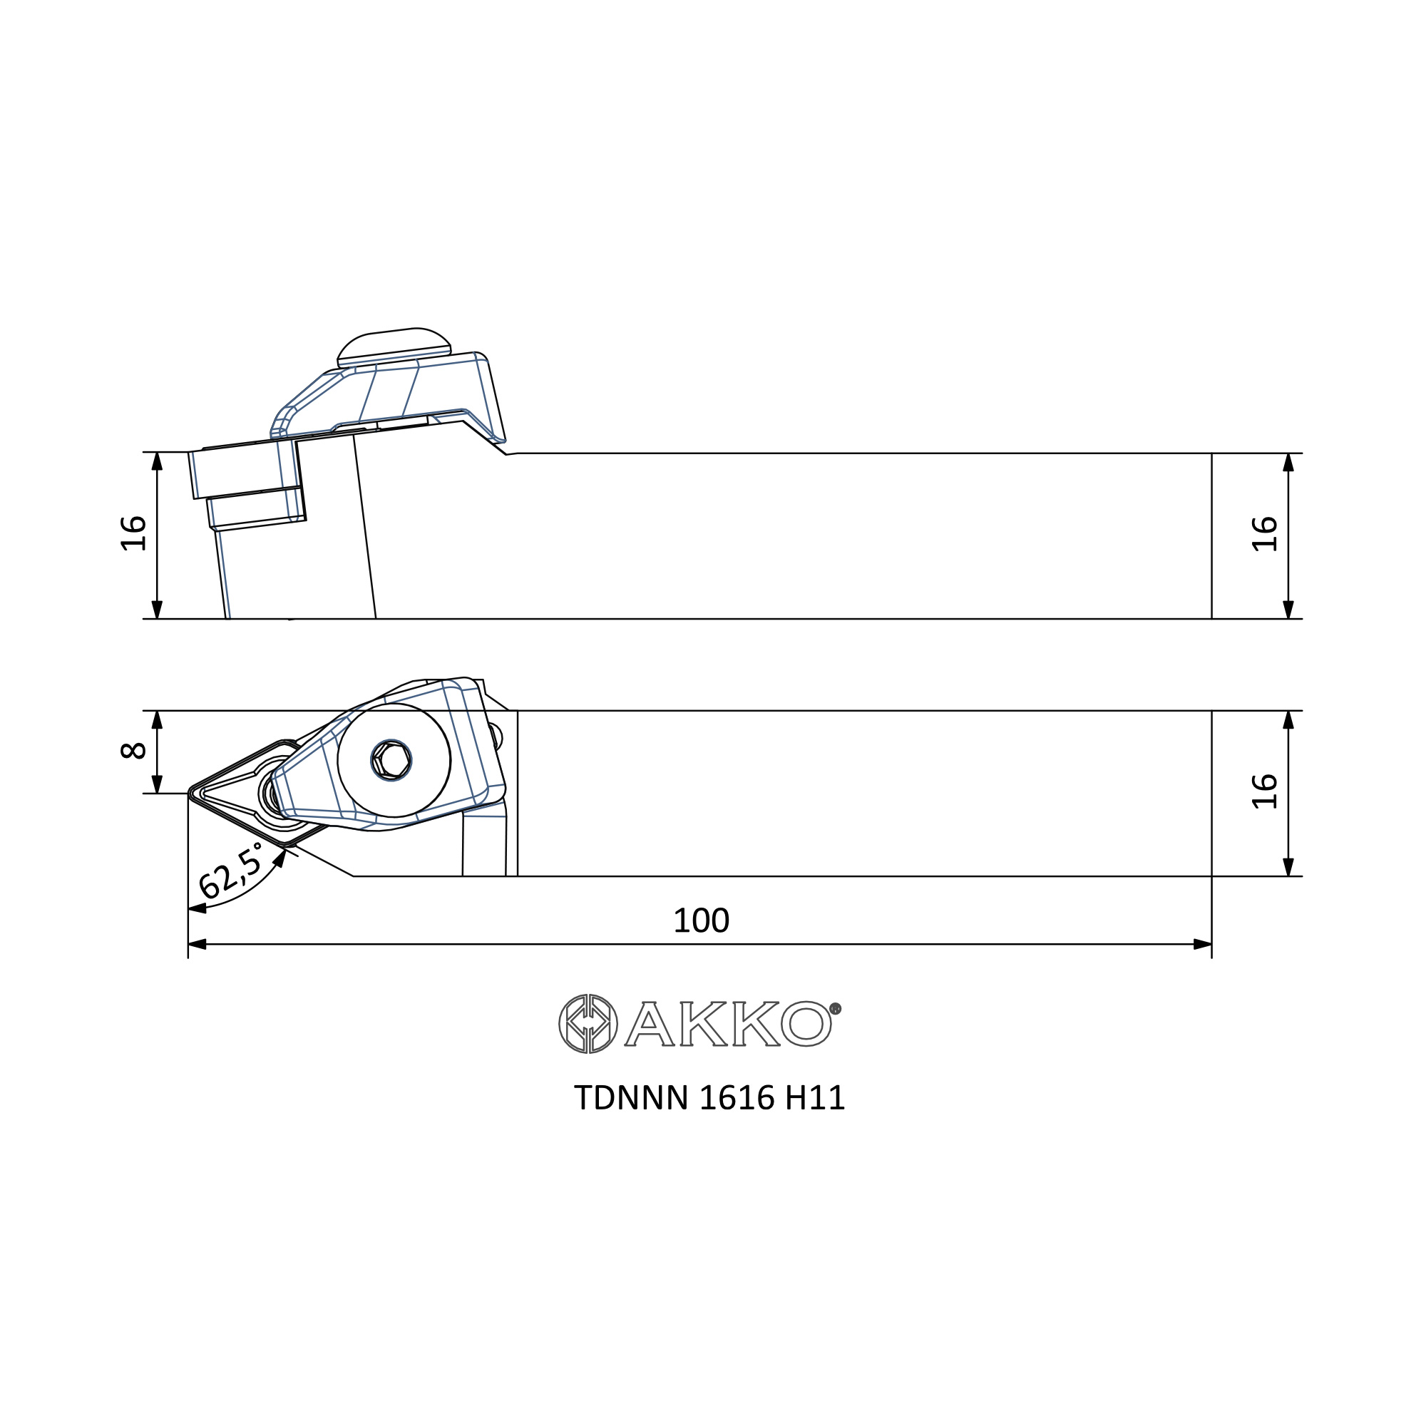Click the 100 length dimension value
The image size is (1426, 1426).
(701, 920)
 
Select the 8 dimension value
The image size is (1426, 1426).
(133, 752)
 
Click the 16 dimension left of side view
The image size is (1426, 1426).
(133, 533)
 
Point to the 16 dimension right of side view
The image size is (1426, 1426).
(1265, 533)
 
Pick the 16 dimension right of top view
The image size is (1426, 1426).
(1265, 791)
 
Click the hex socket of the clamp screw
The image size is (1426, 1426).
(391, 759)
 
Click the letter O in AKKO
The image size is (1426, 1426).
(806, 1024)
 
